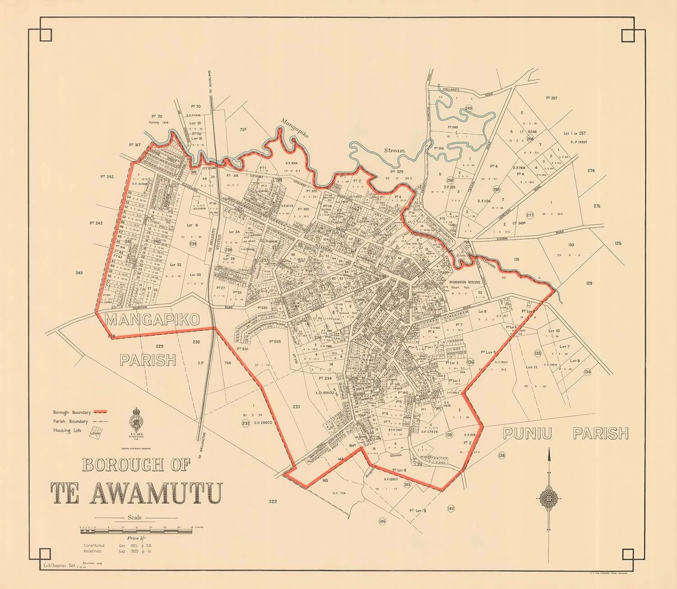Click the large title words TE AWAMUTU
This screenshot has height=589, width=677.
[x=135, y=493]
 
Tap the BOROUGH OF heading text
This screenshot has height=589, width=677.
[x=135, y=465]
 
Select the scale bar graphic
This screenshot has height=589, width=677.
[x=135, y=532]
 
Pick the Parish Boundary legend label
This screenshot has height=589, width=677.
[x=70, y=422]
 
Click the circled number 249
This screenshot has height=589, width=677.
[x=468, y=108]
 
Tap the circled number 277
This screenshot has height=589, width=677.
[x=530, y=215]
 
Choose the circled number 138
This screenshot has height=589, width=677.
[x=502, y=455]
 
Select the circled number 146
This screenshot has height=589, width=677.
[x=383, y=521]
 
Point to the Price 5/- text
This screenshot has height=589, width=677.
[x=135, y=538]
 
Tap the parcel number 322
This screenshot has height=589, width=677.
[x=272, y=501]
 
